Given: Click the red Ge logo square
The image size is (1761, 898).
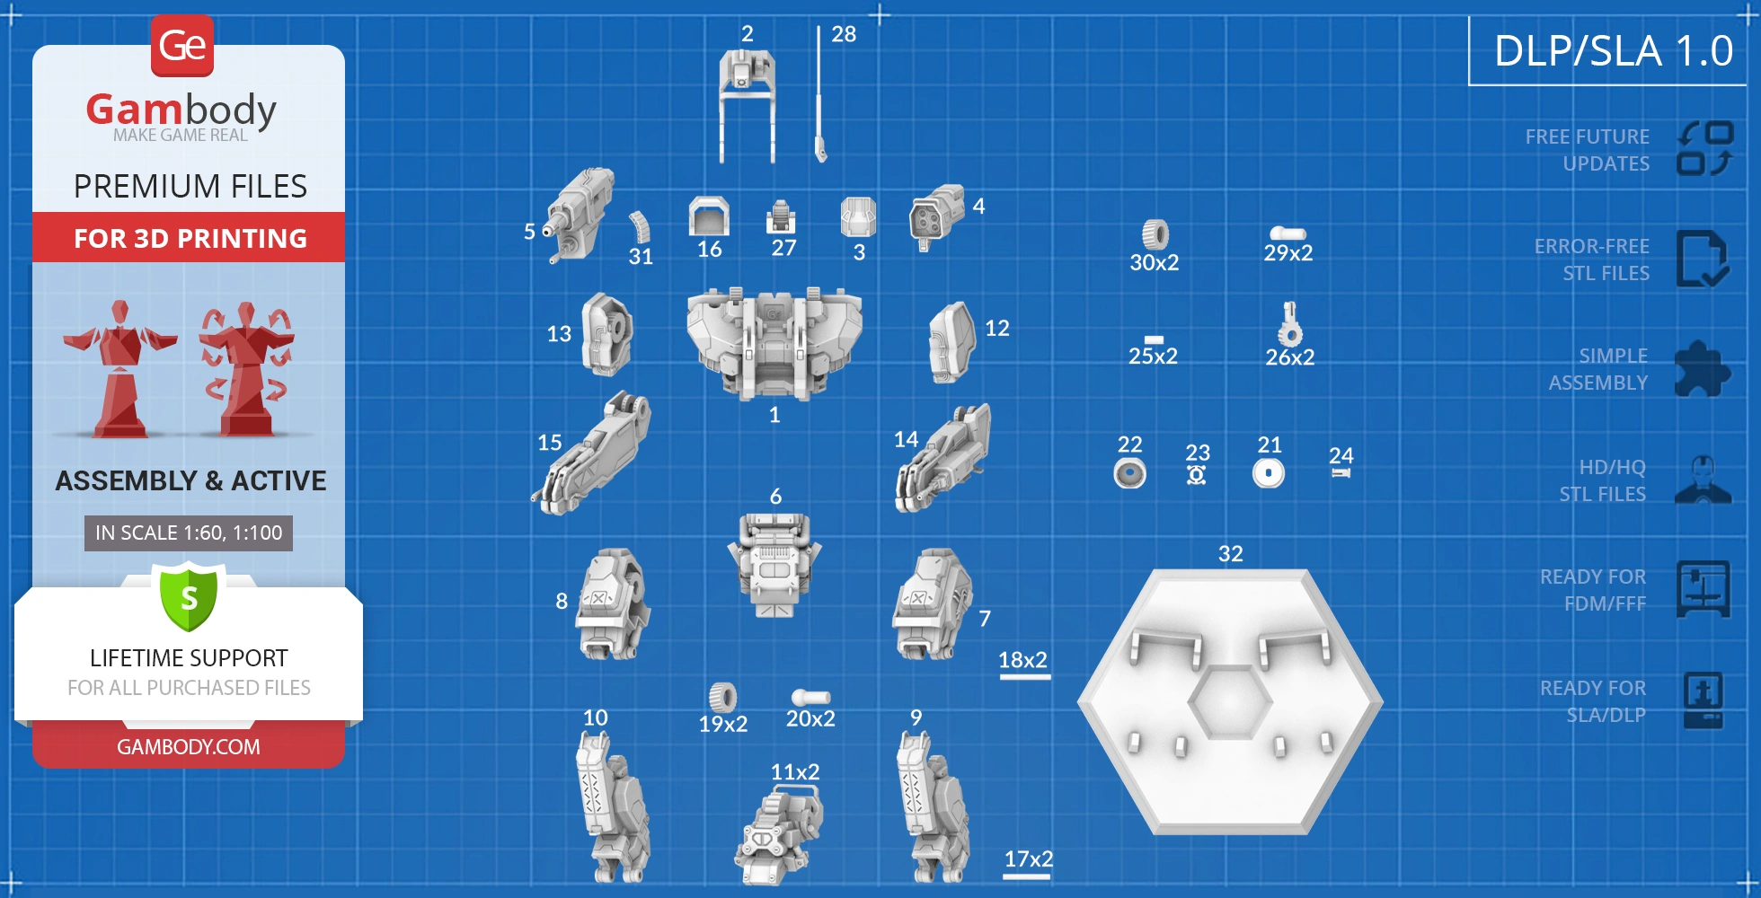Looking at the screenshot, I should click(182, 45).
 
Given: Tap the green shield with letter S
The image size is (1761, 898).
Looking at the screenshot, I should click(189, 596).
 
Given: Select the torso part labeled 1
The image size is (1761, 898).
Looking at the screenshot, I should click(774, 342).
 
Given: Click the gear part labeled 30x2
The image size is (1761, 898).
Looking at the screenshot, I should click(1155, 234).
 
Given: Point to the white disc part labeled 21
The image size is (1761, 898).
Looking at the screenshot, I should click(1269, 472).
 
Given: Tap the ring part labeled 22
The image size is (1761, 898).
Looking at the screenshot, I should click(1129, 472).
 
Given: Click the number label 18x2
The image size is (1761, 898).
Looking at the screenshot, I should click(1023, 660).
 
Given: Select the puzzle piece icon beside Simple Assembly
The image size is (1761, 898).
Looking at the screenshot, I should click(1702, 369).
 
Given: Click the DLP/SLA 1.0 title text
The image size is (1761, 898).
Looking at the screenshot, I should click(1613, 51).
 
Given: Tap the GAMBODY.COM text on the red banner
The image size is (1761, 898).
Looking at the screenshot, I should click(189, 746).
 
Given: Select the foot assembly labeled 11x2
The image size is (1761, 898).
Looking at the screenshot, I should click(780, 834).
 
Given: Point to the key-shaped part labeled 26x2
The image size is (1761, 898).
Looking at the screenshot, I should click(1290, 325).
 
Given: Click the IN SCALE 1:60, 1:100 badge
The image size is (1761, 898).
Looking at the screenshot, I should click(189, 533).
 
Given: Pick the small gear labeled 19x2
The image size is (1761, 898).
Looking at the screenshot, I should click(722, 697).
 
